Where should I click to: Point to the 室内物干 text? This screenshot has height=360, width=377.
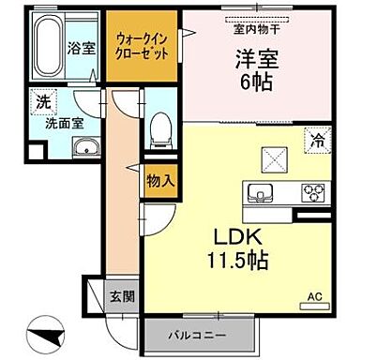(253, 28)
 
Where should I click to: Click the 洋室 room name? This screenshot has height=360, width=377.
(251, 58)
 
